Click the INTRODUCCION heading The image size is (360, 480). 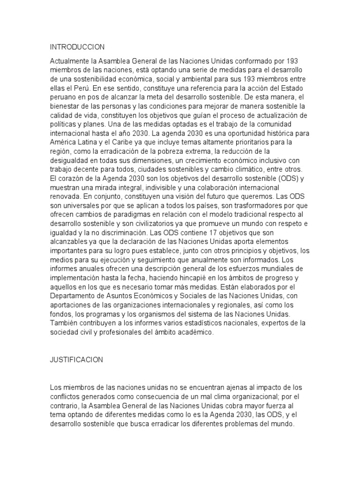(77, 47)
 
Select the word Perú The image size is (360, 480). (78, 87)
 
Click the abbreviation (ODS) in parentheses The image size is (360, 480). (284, 178)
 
